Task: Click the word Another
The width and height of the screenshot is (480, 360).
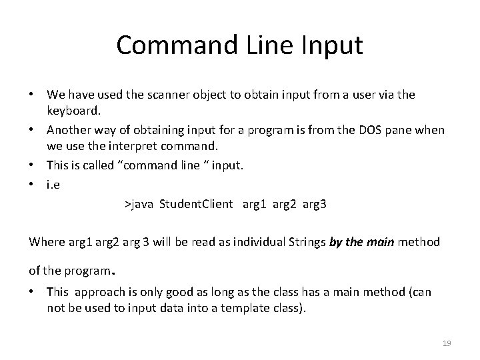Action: (69, 130)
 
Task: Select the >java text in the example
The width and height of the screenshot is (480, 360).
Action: (139, 205)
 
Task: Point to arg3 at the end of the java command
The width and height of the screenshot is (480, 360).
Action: (314, 205)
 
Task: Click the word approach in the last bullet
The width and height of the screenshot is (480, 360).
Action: (99, 292)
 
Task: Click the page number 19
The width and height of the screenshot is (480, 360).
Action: (447, 343)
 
